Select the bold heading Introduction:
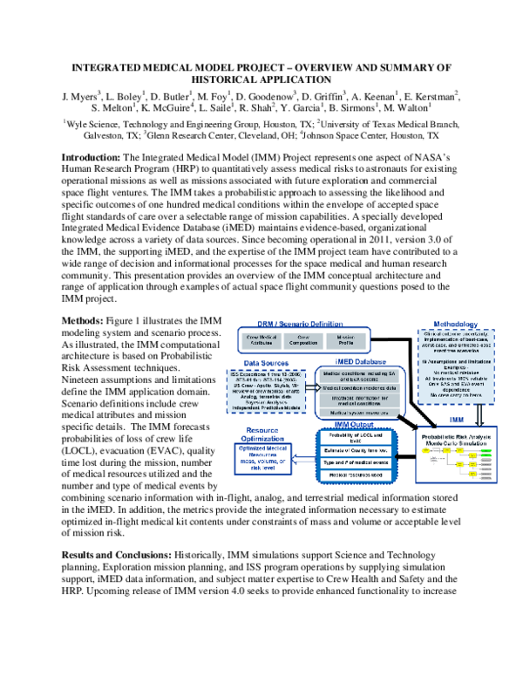tap(91, 157)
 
